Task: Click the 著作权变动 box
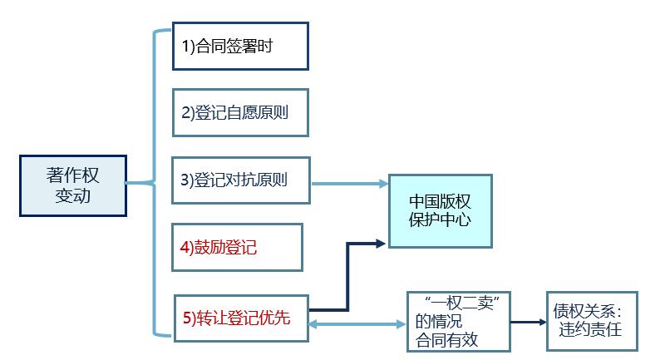(x=73, y=185)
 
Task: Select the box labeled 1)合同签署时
(x=239, y=47)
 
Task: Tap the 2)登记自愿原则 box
(x=239, y=112)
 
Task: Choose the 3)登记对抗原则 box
(x=239, y=180)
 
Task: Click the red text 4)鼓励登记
(x=226, y=247)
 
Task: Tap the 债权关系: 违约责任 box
(x=592, y=321)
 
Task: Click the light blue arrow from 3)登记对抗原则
(x=349, y=182)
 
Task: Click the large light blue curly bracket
(x=155, y=183)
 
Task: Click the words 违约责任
(x=591, y=331)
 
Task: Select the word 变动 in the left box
(x=73, y=196)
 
